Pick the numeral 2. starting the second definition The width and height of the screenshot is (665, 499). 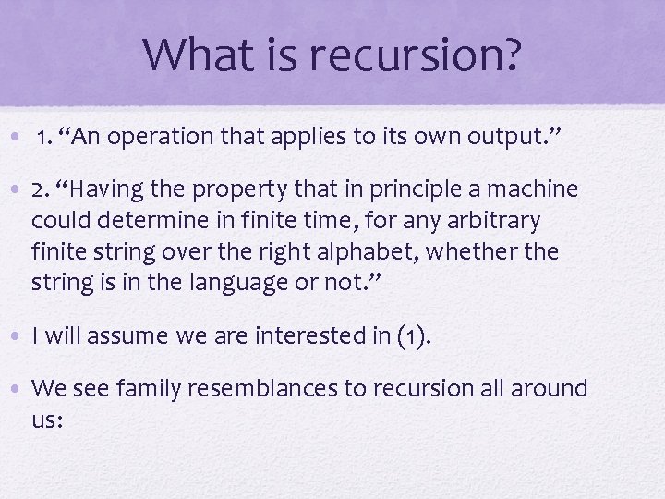point(41,190)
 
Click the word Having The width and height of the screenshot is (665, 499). point(103,190)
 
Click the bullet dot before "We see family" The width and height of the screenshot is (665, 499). point(18,388)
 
